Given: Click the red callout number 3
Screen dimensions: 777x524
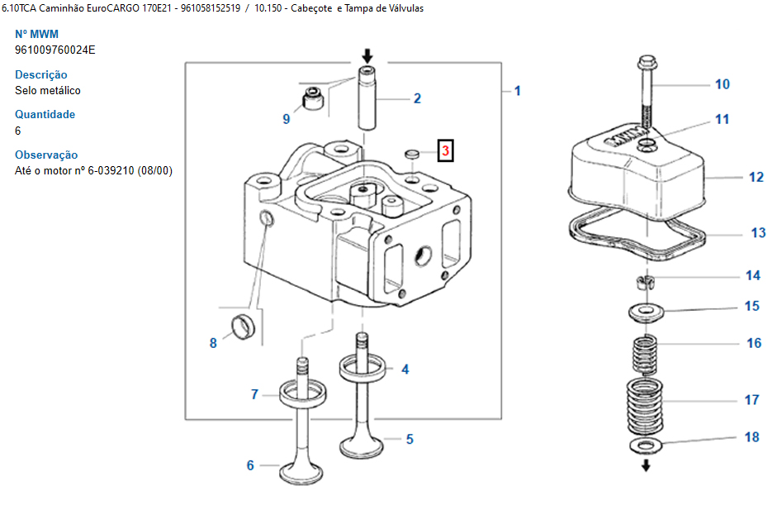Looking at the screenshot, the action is [446, 150].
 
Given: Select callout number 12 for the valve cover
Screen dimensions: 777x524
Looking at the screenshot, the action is [756, 177].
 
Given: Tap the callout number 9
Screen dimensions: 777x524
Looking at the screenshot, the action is [287, 119].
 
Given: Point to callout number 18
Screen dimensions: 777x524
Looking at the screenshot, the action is [751, 437].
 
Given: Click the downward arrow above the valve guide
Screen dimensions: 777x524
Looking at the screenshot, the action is [367, 55].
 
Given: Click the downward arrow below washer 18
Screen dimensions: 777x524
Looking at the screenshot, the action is [646, 465].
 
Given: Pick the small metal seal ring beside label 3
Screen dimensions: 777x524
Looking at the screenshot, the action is [412, 154].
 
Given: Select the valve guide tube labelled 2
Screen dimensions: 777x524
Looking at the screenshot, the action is [367, 98].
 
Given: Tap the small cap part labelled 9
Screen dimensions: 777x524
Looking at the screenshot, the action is [313, 98].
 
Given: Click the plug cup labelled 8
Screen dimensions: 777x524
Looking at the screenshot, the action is [243, 327].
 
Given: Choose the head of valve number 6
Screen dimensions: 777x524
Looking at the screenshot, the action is [301, 474].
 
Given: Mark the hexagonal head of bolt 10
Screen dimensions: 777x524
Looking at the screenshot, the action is [645, 64].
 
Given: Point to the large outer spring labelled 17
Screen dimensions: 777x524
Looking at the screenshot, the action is [645, 407].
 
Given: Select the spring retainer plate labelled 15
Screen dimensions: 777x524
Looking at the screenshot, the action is [647, 312].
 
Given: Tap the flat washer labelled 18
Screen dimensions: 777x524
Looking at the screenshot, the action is [645, 445].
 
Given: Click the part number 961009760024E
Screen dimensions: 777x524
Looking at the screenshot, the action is [55, 50].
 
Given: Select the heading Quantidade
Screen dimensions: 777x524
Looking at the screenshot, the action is [45, 114].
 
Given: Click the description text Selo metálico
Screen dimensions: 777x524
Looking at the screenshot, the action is [48, 90].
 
